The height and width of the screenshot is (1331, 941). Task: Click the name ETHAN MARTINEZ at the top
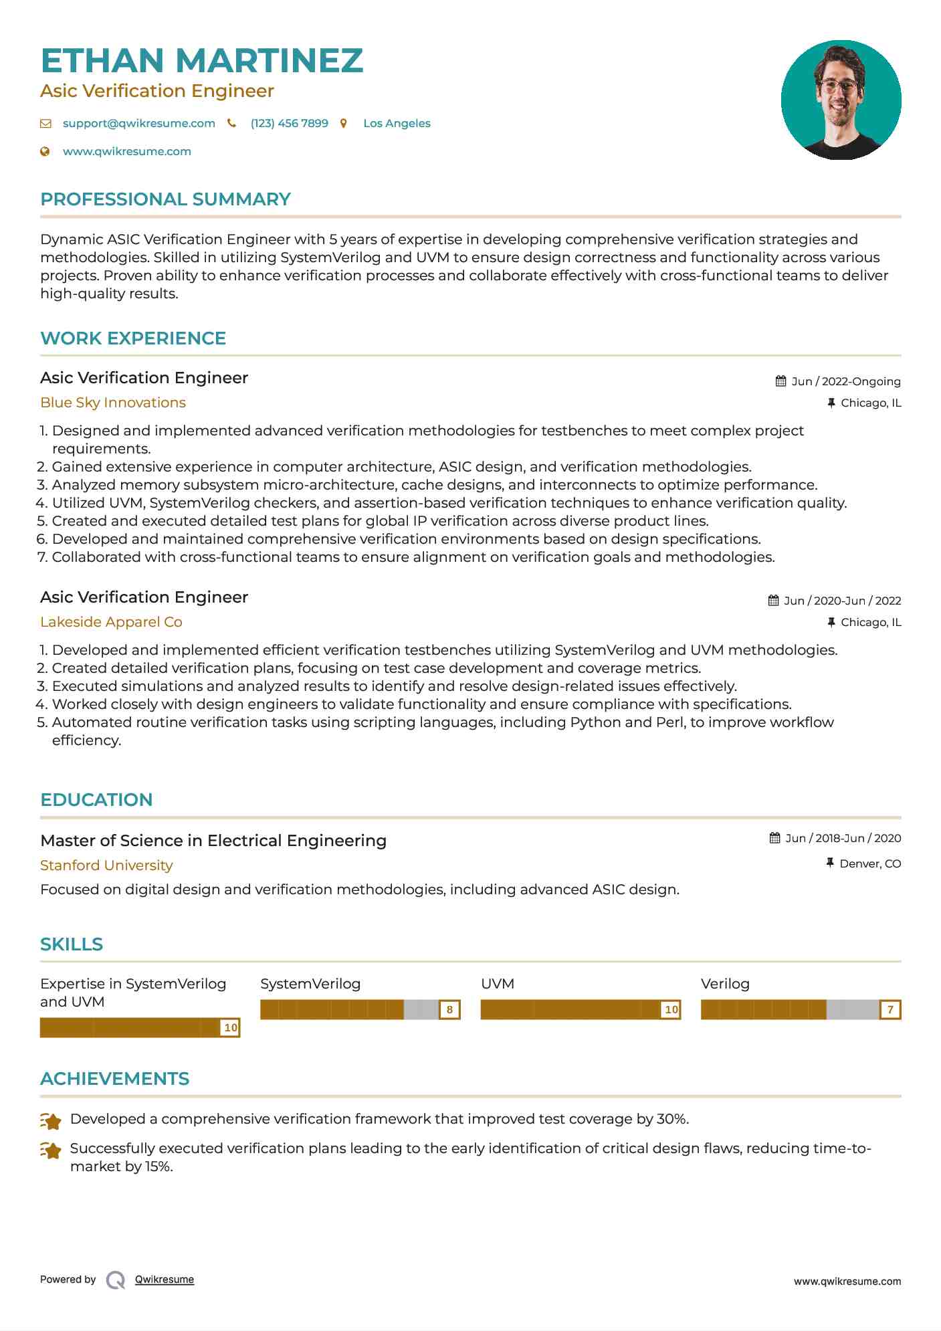tap(201, 61)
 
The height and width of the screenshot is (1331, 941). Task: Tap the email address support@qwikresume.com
tap(138, 123)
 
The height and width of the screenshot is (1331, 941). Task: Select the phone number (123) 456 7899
tap(289, 123)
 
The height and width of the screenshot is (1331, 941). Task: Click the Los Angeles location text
tap(397, 123)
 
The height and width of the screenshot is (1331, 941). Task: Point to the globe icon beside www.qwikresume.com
tap(45, 151)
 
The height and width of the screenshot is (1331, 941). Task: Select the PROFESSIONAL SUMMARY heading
tap(165, 199)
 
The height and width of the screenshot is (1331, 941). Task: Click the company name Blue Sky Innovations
tap(112, 403)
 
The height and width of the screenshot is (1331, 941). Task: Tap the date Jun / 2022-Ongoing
tap(845, 381)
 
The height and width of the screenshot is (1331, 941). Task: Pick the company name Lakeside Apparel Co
tap(111, 622)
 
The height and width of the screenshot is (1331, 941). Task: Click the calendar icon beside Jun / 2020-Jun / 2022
tap(773, 601)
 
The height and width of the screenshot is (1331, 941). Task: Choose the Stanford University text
tap(106, 865)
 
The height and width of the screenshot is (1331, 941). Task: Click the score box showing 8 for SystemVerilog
tap(449, 1010)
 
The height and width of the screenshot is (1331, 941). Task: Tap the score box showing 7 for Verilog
tap(890, 1010)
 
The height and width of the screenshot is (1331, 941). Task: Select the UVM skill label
tap(498, 984)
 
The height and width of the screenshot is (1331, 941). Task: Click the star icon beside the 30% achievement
tap(51, 1120)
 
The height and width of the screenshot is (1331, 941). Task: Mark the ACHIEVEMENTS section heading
tap(114, 1079)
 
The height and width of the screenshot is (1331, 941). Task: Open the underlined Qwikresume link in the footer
tap(165, 1279)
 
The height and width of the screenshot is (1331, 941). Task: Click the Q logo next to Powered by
tap(116, 1280)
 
